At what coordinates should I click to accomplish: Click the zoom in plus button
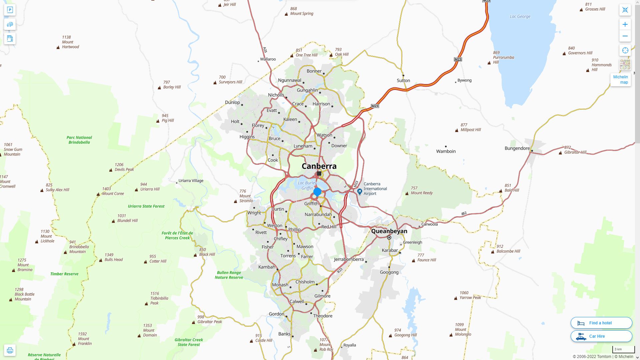[x=625, y=24]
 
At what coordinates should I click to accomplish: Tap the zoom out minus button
[x=625, y=36]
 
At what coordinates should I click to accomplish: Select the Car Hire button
[x=601, y=336]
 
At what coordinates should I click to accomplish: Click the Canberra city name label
[x=319, y=166]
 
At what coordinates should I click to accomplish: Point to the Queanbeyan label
[x=389, y=231]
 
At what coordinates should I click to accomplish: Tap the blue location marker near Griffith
[x=317, y=192]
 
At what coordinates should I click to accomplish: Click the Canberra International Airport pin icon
[x=359, y=191]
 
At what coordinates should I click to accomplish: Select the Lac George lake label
[x=520, y=16]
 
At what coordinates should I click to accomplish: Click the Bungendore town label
[x=517, y=148]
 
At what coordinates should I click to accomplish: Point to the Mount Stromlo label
[x=246, y=196]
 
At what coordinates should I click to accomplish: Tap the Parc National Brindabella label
[x=79, y=140]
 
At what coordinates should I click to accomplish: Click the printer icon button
[x=10, y=350]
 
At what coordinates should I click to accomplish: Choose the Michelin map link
[x=620, y=80]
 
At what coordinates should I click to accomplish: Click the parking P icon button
[x=10, y=10]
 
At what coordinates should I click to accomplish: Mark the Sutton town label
[x=403, y=80]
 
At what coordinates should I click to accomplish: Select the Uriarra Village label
[x=191, y=181]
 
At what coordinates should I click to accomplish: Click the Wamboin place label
[x=446, y=151]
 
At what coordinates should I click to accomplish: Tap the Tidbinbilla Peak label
[x=159, y=298]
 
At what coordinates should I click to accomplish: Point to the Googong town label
[x=389, y=272]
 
